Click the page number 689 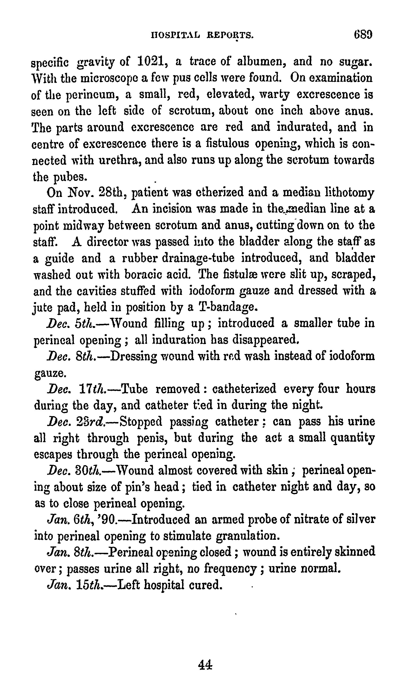tap(363, 35)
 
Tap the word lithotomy tap(349, 192)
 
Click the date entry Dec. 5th tap(71, 323)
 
